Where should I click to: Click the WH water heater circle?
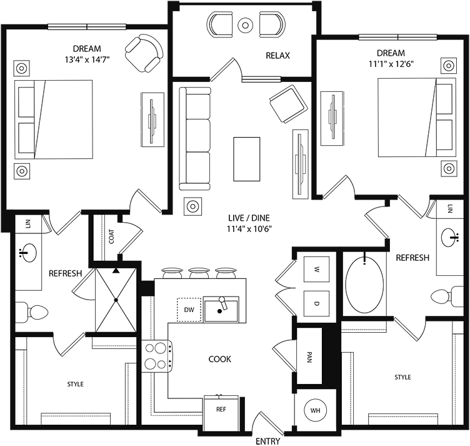[x=315, y=410]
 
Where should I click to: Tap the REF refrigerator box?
[x=221, y=410]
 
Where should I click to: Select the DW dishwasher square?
[x=189, y=309]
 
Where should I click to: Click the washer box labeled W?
[x=316, y=270]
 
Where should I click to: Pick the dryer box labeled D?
[x=316, y=303]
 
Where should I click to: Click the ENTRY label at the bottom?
[x=267, y=441]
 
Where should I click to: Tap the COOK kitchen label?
[x=220, y=359]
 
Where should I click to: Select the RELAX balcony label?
[x=278, y=56]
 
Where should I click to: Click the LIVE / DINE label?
[x=250, y=222]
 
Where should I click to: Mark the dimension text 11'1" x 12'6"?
[x=391, y=63]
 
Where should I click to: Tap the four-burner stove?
[x=156, y=356]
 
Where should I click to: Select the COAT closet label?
[x=111, y=237]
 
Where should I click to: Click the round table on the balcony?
[x=246, y=26]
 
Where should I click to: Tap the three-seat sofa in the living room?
[x=195, y=138]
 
